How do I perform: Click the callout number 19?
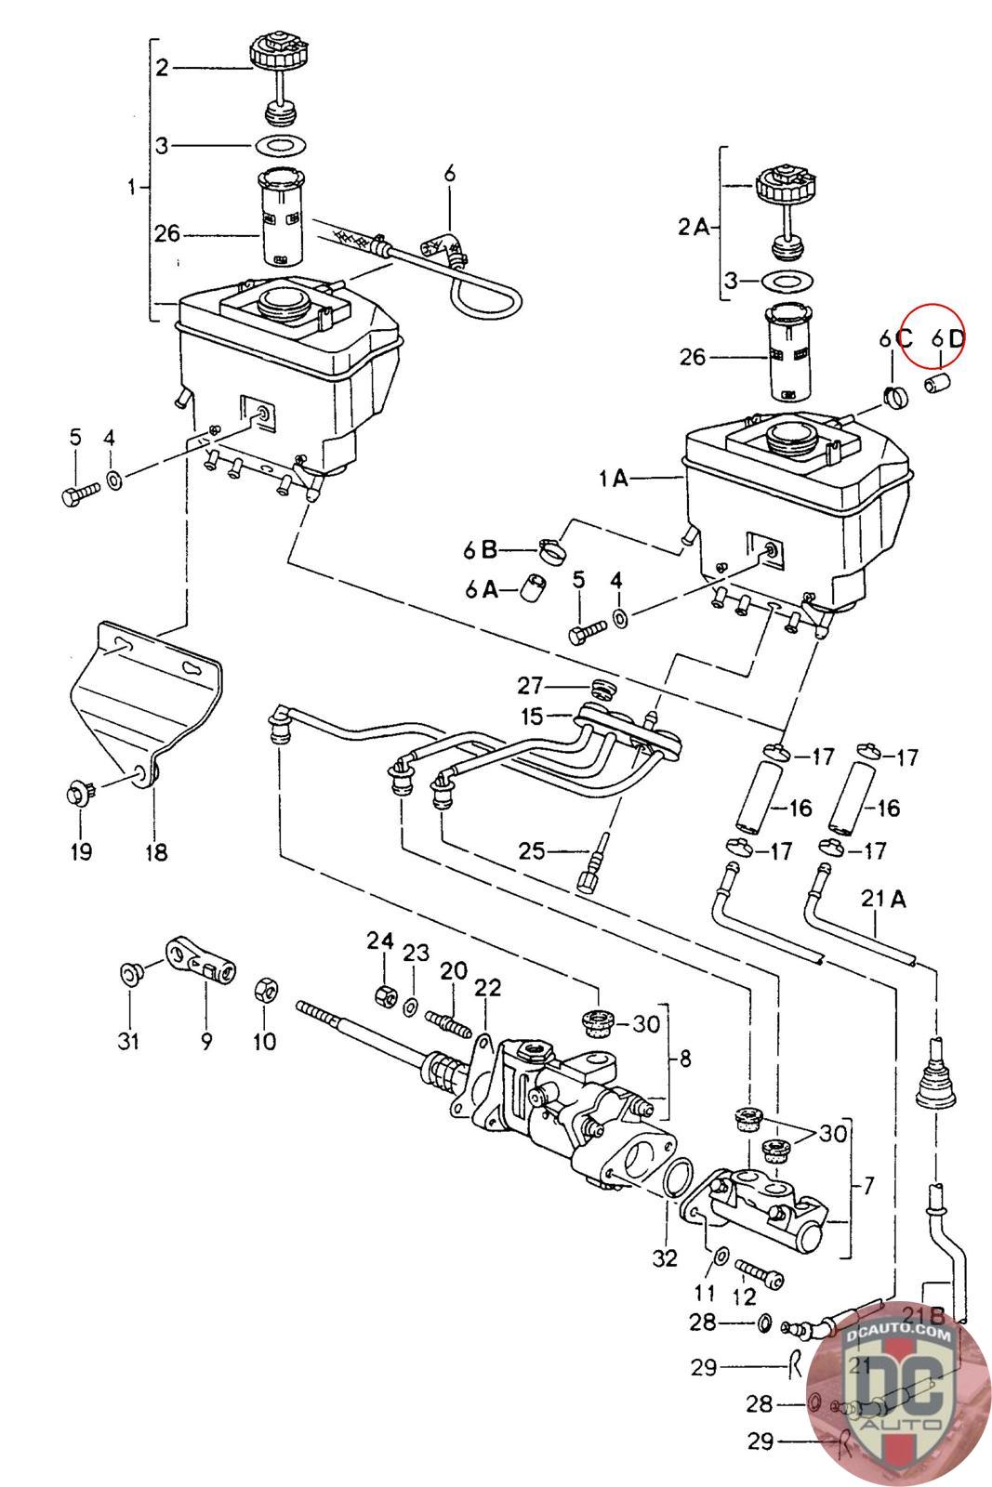[81, 850]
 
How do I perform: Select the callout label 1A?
[615, 480]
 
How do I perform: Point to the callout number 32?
[665, 1258]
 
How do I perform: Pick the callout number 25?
[534, 850]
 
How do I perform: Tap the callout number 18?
[156, 850]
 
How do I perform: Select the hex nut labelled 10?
[263, 989]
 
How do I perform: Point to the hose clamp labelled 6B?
[550, 548]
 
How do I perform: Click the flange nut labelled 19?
[78, 796]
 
